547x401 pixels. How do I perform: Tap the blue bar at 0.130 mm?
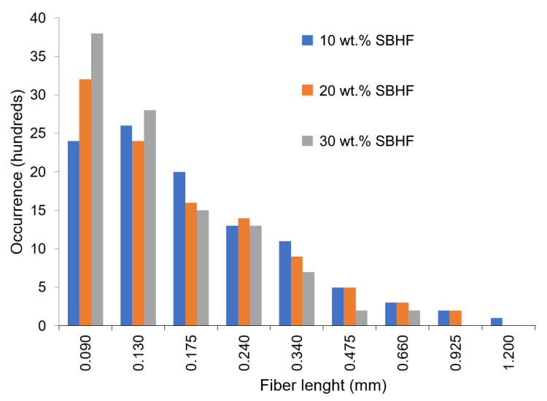point(126,226)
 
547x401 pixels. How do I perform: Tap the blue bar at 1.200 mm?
point(497,322)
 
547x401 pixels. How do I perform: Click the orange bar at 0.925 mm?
point(456,318)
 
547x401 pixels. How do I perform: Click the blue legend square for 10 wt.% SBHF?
point(307,40)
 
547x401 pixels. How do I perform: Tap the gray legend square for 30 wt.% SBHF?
point(307,141)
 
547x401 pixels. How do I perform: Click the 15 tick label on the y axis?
point(51,211)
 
